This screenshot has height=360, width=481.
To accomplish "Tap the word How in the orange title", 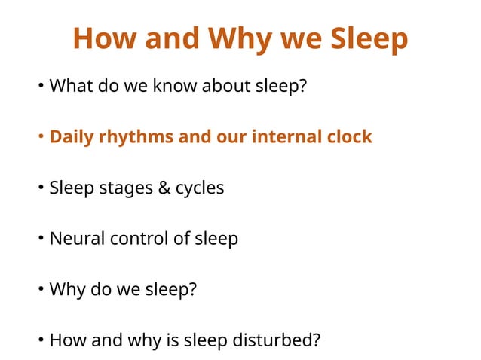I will (x=100, y=40).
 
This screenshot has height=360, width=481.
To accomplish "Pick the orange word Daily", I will (x=71, y=137).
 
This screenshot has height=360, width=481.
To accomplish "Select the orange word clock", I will (x=349, y=137).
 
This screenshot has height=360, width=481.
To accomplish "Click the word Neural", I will (x=77, y=239).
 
